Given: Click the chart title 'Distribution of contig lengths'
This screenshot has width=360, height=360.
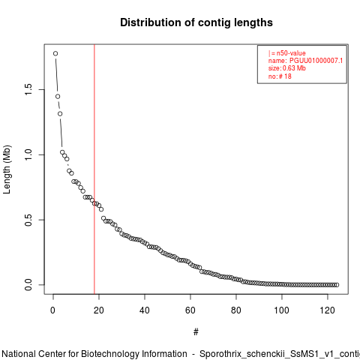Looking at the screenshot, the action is (196, 22).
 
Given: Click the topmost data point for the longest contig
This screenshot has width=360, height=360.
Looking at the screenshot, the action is (55, 53).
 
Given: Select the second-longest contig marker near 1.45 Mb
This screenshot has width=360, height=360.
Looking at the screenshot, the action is (58, 97).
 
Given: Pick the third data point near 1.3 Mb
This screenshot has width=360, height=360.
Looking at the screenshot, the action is (60, 114).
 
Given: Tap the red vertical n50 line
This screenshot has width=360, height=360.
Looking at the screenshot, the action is (94, 169).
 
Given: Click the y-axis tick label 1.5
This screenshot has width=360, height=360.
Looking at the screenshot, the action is (28, 89).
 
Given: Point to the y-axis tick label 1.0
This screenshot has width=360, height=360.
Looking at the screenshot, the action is (28, 154).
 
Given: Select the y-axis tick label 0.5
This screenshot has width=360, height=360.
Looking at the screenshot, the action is (28, 220).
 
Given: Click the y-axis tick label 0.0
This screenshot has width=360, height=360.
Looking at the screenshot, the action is (28, 285).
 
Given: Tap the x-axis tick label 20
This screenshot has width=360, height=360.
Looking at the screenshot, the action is (99, 310).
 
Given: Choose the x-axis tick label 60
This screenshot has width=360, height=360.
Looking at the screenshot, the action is (190, 310).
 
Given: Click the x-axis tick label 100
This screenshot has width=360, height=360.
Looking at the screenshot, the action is (282, 310).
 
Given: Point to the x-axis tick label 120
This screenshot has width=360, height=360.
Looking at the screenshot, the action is (328, 310).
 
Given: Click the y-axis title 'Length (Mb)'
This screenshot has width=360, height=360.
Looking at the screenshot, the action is (7, 169).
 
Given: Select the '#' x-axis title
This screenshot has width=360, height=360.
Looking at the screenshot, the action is (196, 332).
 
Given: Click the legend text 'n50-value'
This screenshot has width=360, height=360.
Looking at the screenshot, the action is (291, 53).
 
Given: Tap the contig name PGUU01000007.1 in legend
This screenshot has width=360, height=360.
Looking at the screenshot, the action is (316, 61).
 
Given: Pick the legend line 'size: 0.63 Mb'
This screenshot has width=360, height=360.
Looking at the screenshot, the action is (287, 68).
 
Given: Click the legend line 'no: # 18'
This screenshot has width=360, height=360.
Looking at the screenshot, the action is (280, 76).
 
